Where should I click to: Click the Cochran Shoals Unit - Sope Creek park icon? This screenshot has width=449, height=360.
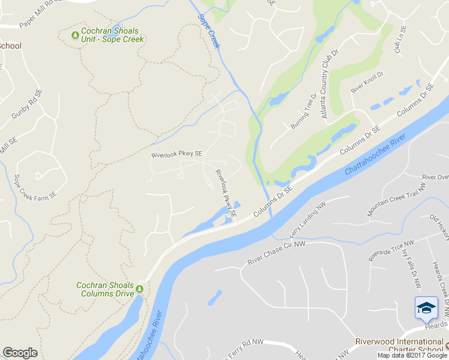75,35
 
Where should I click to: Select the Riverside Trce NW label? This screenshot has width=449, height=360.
391,251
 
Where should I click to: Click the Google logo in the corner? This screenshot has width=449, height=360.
20,353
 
